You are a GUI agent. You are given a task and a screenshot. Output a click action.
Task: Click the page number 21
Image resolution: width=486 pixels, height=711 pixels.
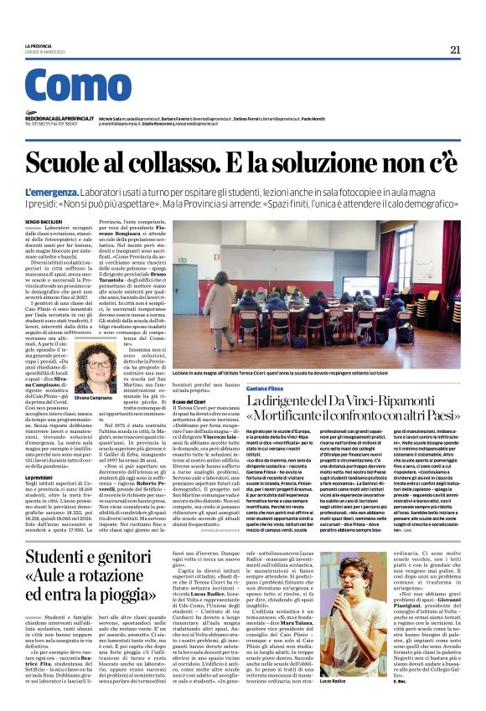click(455, 49)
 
